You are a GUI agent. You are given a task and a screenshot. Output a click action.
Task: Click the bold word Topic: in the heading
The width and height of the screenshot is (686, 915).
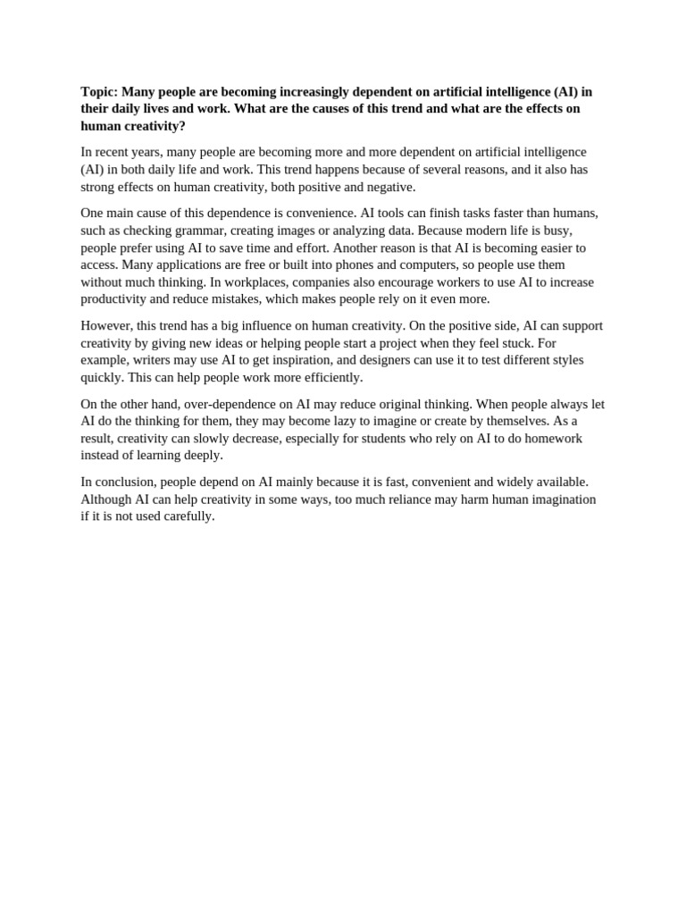tap(99, 91)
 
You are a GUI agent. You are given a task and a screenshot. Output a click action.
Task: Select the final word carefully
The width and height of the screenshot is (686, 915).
tap(188, 516)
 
